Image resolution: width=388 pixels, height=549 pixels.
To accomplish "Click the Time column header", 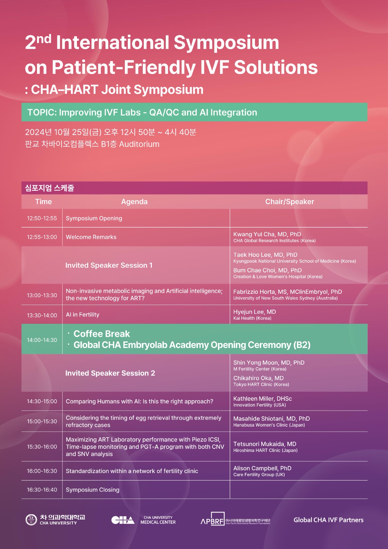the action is (x=43, y=202).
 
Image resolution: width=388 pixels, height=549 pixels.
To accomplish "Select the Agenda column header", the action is (x=134, y=202).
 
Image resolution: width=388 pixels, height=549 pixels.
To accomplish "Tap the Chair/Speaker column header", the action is (x=289, y=202).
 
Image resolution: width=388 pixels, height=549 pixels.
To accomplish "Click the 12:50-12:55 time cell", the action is (x=42, y=218).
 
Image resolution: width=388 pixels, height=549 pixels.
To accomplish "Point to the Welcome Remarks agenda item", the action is (x=91, y=237).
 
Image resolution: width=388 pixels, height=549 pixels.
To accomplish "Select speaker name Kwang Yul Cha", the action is (x=267, y=234).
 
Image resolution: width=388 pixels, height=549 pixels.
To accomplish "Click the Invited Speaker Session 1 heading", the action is (x=109, y=265).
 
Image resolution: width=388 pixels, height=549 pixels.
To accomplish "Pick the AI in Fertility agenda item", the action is (x=82, y=315).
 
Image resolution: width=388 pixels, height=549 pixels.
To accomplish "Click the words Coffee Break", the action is (x=102, y=334).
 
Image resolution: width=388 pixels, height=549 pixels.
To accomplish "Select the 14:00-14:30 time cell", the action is (x=42, y=340).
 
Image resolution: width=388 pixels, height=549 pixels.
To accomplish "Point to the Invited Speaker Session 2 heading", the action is (x=110, y=373).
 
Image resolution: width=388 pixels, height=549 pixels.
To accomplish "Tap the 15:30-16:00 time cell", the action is (x=42, y=447).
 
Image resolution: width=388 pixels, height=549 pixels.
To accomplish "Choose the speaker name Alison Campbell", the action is (x=262, y=468).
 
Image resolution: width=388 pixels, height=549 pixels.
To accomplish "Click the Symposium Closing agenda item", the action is (x=92, y=490).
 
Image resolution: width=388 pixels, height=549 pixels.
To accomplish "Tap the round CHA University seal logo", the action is (x=31, y=520).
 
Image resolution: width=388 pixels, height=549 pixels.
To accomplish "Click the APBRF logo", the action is (x=212, y=519).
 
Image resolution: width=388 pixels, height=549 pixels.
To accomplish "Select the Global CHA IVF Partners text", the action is (x=328, y=520).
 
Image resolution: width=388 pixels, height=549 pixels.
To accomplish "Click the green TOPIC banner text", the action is (x=142, y=112).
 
